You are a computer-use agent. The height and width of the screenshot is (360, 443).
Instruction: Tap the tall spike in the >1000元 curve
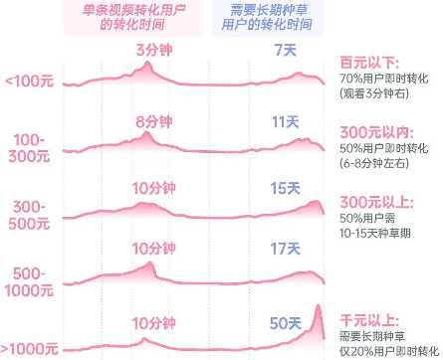click(x=320, y=316)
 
